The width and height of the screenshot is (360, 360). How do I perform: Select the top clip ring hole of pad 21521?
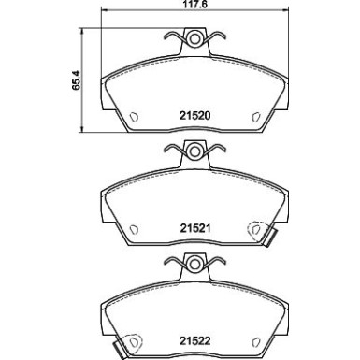(x=193, y=151)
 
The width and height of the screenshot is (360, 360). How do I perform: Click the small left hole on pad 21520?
(x=133, y=117)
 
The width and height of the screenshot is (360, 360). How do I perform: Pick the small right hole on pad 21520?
(x=252, y=117)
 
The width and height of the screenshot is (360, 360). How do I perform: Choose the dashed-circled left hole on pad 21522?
(x=133, y=344)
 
